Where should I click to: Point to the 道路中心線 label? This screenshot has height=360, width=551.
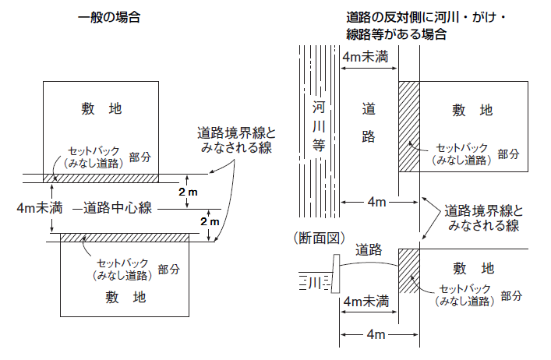[118, 207]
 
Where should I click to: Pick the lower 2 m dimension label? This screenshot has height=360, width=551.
[210, 221]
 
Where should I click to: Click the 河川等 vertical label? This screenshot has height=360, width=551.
[319, 125]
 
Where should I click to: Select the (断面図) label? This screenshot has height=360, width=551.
[313, 237]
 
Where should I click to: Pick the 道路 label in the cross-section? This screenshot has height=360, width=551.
[368, 250]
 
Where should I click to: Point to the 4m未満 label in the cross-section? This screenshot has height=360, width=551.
[366, 302]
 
